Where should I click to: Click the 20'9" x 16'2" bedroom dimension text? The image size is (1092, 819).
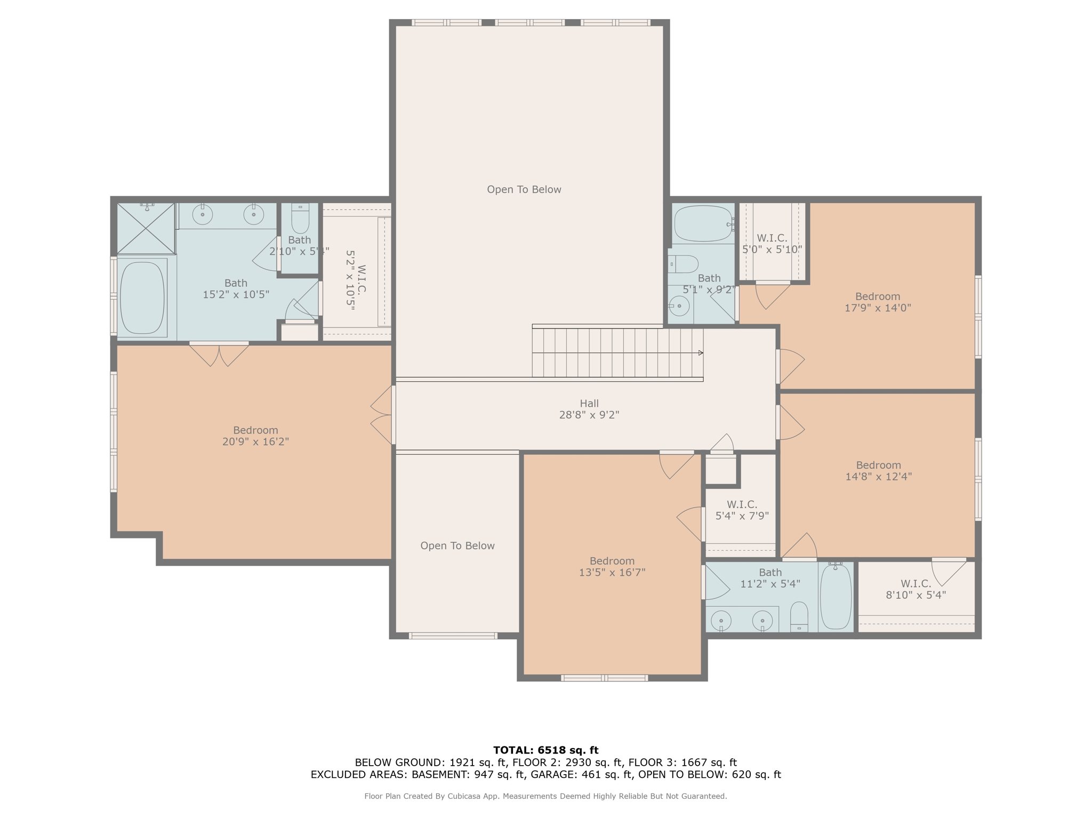[x=255, y=441]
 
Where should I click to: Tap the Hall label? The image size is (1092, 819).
[x=589, y=404]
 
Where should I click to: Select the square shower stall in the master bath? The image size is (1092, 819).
[x=146, y=228]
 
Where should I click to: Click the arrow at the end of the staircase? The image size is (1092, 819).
[x=701, y=352]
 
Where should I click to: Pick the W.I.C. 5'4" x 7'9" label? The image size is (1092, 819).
[x=742, y=510]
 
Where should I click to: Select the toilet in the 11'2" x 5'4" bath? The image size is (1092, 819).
[x=799, y=617]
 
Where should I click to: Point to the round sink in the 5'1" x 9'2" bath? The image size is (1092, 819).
[x=679, y=306]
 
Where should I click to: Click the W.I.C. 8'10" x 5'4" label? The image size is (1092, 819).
[x=916, y=589]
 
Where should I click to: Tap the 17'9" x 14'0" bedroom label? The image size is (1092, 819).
[x=877, y=302]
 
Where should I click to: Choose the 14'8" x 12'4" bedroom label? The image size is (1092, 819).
[x=878, y=471]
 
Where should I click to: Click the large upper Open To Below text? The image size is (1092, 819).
[x=524, y=189]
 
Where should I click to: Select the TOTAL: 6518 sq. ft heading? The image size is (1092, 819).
[x=545, y=750]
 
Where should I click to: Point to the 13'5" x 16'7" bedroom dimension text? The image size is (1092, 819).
[x=612, y=573]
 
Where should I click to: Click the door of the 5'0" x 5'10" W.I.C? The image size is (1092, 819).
[x=773, y=295]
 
